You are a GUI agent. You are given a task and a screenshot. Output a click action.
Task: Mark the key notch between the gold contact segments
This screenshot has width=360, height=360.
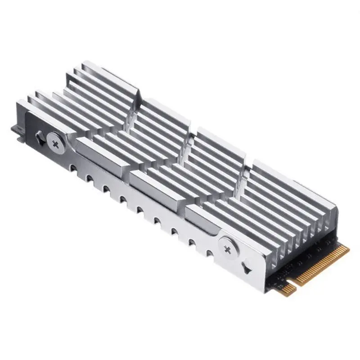click(295, 284)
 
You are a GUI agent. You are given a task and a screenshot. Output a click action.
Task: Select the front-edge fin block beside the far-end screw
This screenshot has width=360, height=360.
click(97, 148)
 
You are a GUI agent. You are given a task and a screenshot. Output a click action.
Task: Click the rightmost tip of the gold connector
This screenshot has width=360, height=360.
click(348, 247)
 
